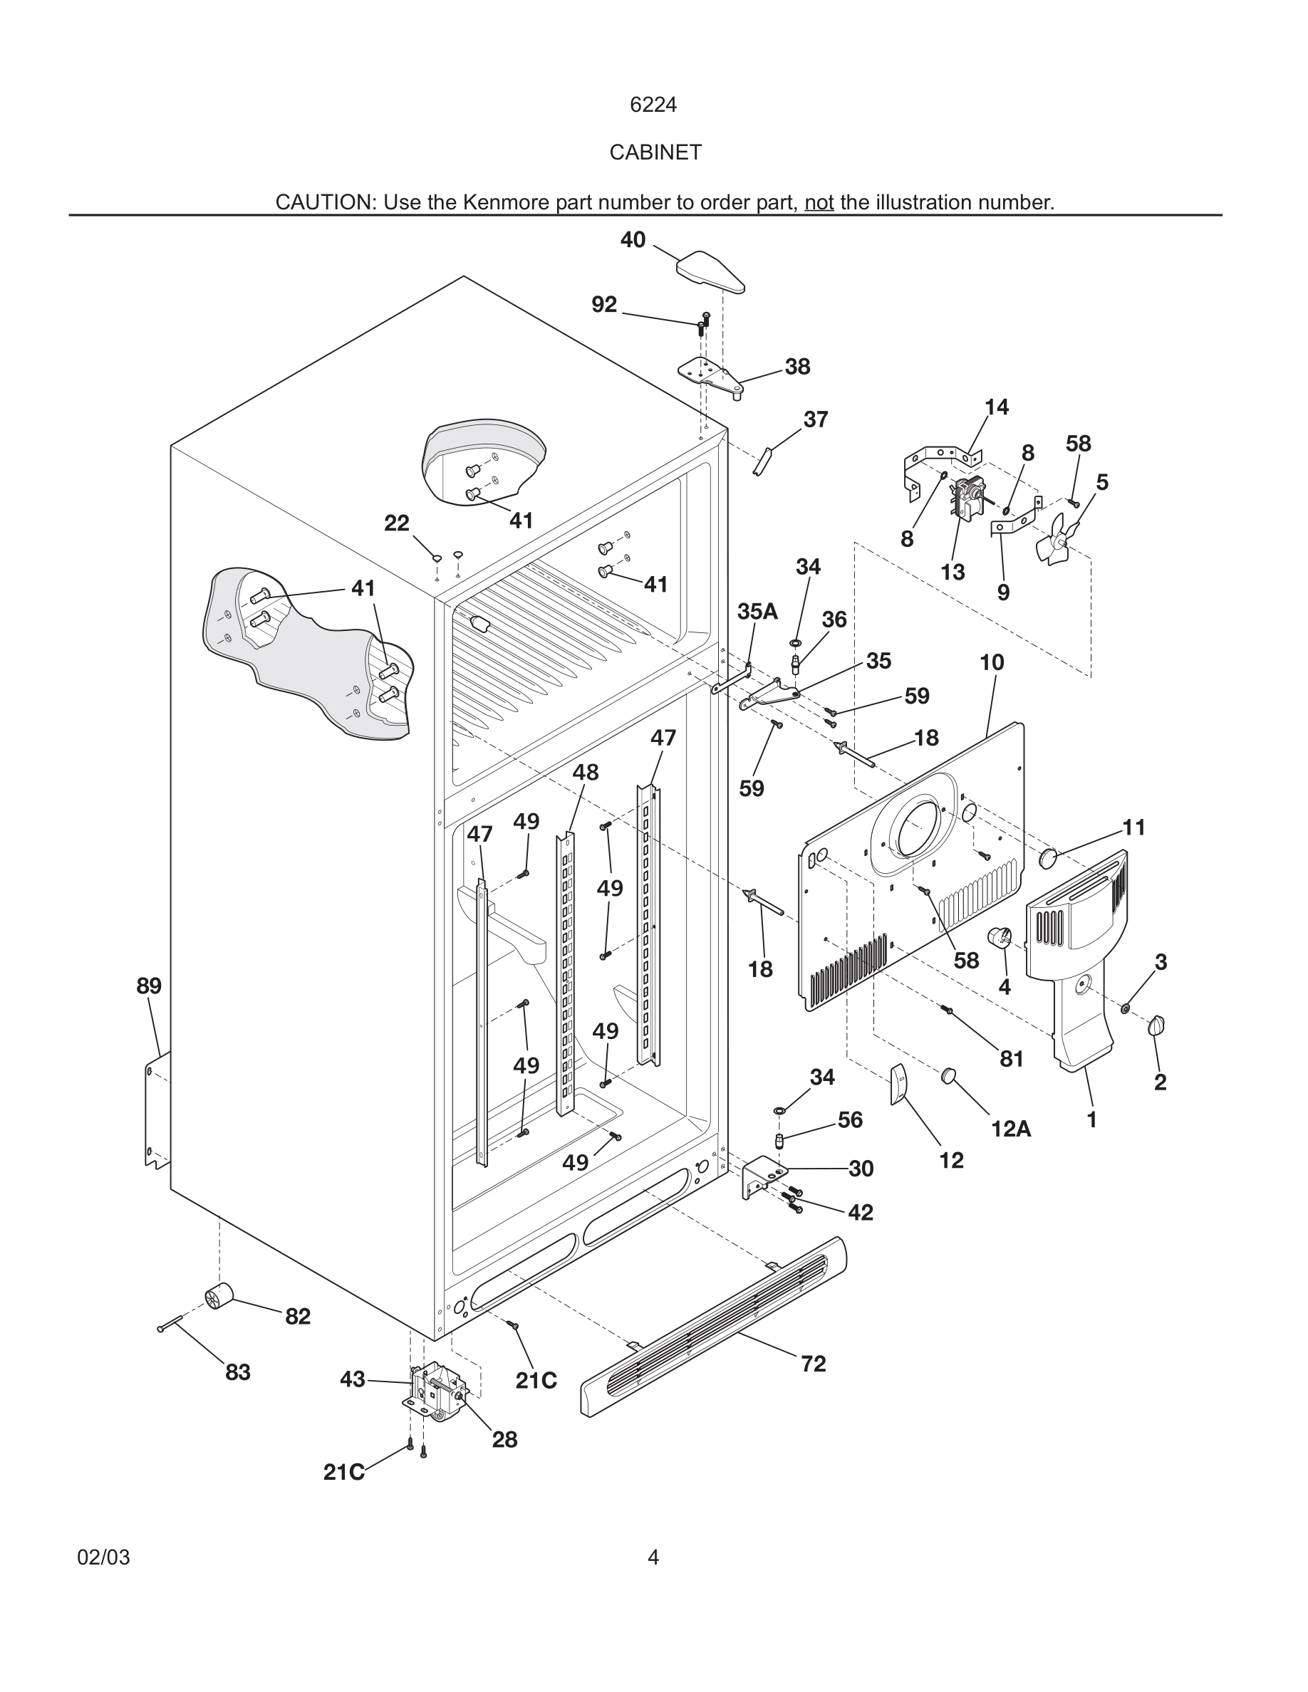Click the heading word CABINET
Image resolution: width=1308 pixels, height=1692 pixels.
click(x=655, y=152)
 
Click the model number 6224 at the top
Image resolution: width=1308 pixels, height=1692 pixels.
click(x=653, y=105)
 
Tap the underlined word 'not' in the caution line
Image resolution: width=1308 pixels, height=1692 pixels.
click(x=819, y=203)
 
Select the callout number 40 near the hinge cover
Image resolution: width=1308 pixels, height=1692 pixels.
click(x=633, y=240)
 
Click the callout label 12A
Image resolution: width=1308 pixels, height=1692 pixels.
click(x=1010, y=1129)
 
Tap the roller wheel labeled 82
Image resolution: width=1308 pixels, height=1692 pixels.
click(x=219, y=1295)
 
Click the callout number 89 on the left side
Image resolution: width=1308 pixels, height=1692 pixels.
click(x=149, y=986)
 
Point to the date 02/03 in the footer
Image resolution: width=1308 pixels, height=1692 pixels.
click(x=104, y=1557)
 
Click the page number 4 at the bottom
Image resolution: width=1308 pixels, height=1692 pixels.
click(x=653, y=1557)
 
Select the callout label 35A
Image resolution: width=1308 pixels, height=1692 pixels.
click(x=757, y=612)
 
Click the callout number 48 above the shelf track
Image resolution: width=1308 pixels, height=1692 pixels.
click(x=585, y=773)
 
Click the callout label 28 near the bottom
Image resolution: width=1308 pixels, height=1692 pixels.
click(x=504, y=1439)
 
